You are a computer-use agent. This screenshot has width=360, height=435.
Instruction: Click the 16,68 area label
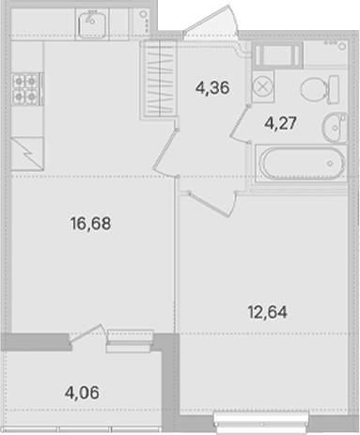click(x=90, y=224)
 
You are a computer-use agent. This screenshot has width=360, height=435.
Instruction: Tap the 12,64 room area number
click(x=267, y=312)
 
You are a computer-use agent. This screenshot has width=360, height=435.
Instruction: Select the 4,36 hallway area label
click(x=212, y=87)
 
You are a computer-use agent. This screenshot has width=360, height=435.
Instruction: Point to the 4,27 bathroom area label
click(x=280, y=123)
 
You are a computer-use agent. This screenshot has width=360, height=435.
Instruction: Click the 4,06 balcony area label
click(x=82, y=393)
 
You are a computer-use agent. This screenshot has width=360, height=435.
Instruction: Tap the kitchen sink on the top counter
click(x=92, y=23)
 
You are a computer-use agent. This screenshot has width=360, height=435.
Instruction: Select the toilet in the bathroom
click(x=320, y=89)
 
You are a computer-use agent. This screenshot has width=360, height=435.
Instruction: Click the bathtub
click(x=302, y=163)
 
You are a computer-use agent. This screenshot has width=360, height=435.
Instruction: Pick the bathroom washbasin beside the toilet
click(x=335, y=128)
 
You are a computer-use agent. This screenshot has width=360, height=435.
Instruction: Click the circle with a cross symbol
click(x=263, y=86)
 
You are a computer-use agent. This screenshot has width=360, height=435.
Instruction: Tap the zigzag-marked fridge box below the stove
click(x=27, y=154)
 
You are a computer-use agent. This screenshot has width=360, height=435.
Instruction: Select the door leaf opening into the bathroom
click(x=240, y=124)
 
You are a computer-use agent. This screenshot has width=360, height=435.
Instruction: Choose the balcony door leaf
click(x=86, y=334)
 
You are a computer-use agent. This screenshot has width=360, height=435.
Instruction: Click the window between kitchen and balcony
click(x=130, y=341)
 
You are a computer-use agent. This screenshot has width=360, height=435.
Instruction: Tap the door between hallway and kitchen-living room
click(x=165, y=153)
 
